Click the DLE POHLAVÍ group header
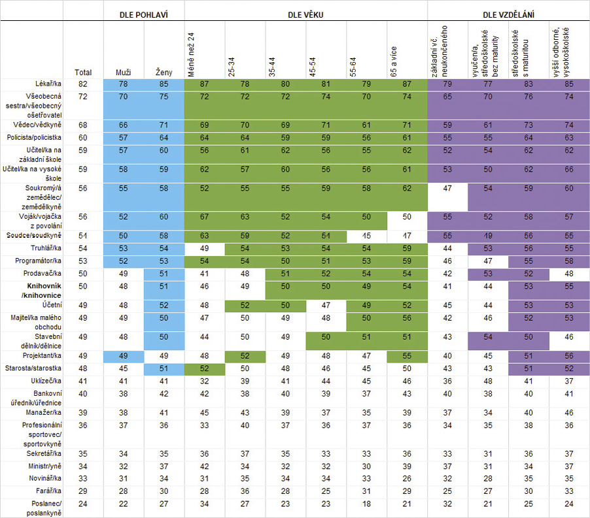coord(144,14)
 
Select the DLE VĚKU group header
coord(306,14)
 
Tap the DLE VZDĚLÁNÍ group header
coord(509,14)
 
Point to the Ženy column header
coord(164,73)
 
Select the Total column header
coord(83,73)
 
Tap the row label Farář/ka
coord(49,490)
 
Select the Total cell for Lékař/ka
coord(83,84)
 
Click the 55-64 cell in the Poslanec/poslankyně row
coord(366,504)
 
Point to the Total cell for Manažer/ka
coord(83,413)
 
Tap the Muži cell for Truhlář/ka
coord(123,248)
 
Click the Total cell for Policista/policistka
coord(83,138)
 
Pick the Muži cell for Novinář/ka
coord(123,478)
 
